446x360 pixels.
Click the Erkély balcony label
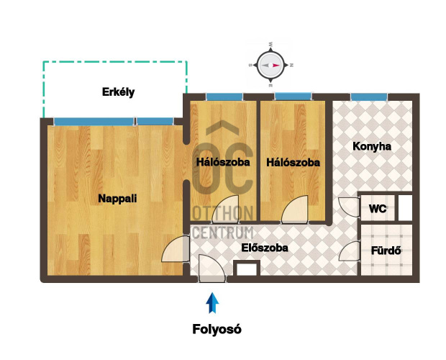(x=118, y=92)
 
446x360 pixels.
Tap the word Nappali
(x=117, y=198)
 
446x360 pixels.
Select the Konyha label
(x=372, y=147)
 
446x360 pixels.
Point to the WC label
(x=378, y=209)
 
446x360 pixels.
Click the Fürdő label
(x=386, y=251)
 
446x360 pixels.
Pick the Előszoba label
(x=265, y=248)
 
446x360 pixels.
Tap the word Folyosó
(x=217, y=329)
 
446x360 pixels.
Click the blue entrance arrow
(x=212, y=303)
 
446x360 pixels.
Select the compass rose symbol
(x=270, y=66)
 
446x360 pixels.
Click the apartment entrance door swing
(x=212, y=269)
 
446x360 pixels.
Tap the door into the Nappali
(x=176, y=248)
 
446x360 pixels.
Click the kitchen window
(x=369, y=96)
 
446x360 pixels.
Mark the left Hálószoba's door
(x=225, y=210)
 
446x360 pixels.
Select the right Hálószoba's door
(x=295, y=210)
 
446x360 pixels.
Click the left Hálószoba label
(x=223, y=162)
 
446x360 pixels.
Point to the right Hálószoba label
(x=293, y=163)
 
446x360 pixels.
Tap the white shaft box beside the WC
(x=405, y=208)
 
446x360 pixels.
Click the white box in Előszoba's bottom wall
(x=247, y=269)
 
